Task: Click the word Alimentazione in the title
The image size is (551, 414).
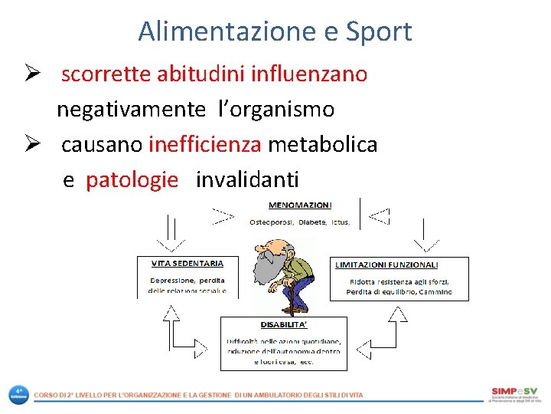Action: pos(223,31)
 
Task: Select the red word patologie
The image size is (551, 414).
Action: pos(132,180)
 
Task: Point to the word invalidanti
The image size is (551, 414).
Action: pos(247,180)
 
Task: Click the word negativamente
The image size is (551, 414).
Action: pos(132,110)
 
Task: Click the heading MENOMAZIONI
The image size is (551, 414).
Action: pos(300,205)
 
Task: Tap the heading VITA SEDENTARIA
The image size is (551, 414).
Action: pos(178,263)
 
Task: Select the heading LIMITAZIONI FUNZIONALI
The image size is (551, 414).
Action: pos(386,265)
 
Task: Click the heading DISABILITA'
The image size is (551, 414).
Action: pos(282,325)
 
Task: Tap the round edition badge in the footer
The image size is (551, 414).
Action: pos(17,395)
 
